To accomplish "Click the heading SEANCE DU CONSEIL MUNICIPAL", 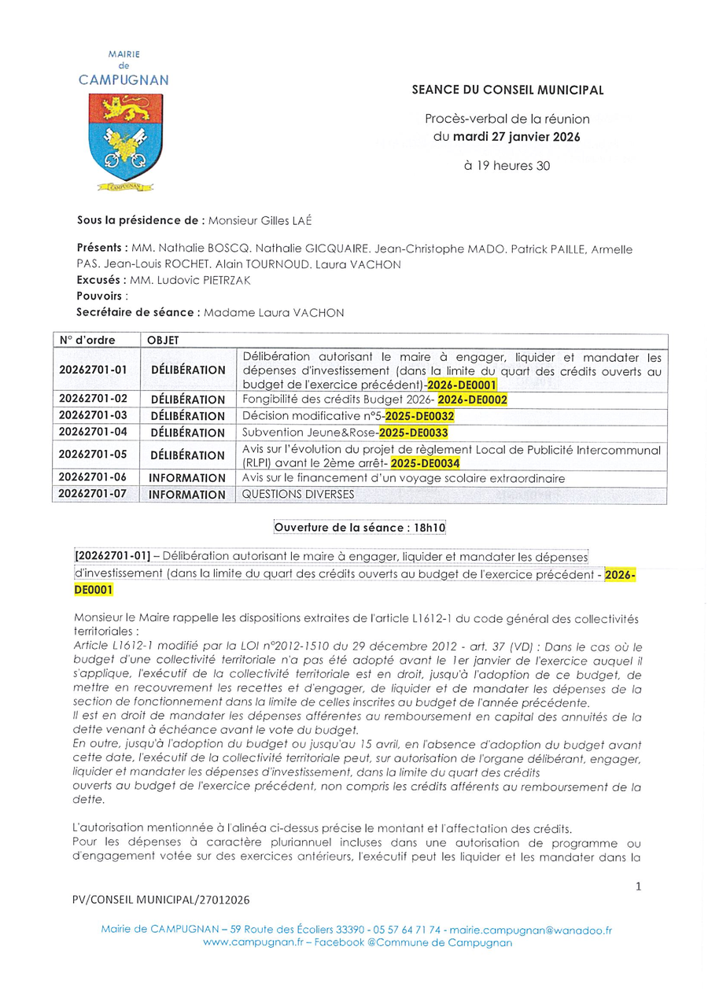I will coord(508,90).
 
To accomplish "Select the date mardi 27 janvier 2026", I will coord(517,136).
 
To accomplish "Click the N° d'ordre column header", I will coord(87,341).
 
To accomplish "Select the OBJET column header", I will coord(163,341).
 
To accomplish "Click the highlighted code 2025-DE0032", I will coord(419,416).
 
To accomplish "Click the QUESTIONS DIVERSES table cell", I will coord(298,495).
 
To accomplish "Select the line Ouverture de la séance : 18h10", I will coord(353,526).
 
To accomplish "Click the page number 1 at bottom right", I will coord(638,886).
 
